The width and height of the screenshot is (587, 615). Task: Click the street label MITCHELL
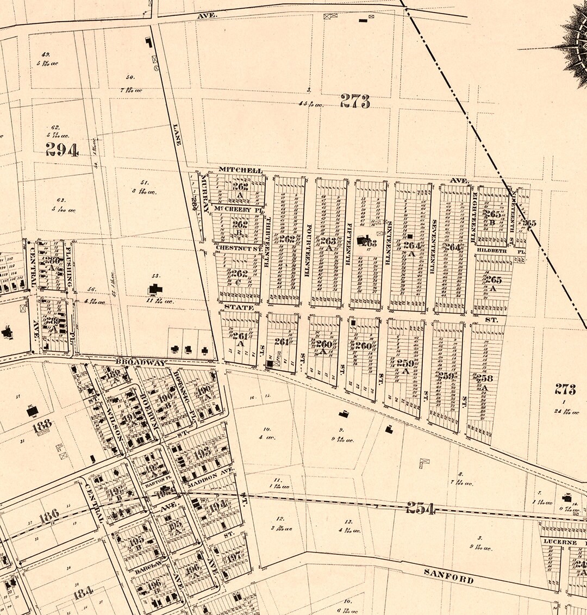tap(240, 170)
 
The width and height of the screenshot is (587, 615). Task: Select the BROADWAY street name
tap(141, 362)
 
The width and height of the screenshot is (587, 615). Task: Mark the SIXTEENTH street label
tap(388, 243)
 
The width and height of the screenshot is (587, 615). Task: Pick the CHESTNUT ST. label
tap(239, 248)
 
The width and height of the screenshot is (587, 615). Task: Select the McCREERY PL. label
tap(233, 209)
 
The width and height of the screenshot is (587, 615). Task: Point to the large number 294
tap(62, 150)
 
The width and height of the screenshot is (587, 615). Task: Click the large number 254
tap(421, 509)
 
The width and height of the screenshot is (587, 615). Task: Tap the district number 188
tap(42, 426)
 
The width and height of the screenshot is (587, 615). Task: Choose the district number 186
tap(49, 514)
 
